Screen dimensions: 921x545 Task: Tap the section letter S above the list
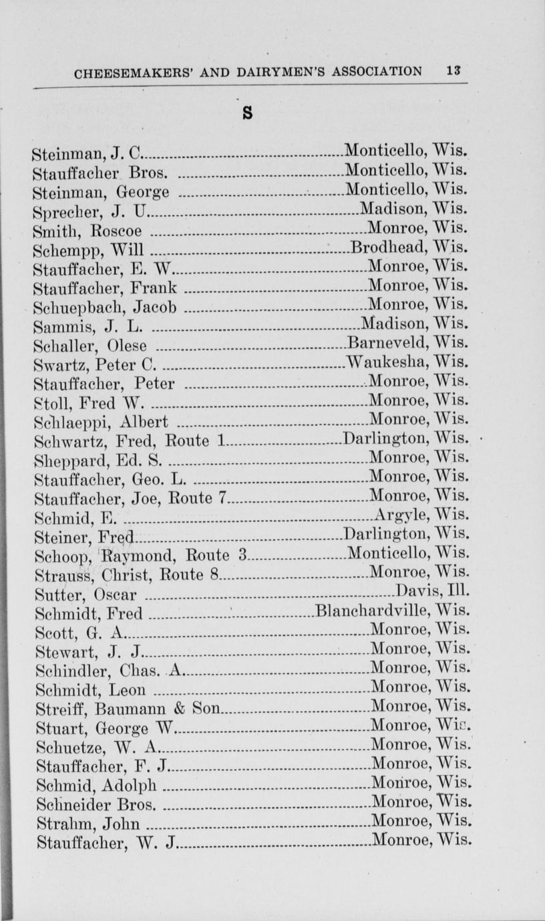coord(247,113)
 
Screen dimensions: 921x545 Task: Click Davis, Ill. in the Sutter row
coord(432,591)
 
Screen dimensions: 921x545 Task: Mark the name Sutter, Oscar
coord(86,593)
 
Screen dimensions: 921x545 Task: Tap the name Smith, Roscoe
coord(87,232)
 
